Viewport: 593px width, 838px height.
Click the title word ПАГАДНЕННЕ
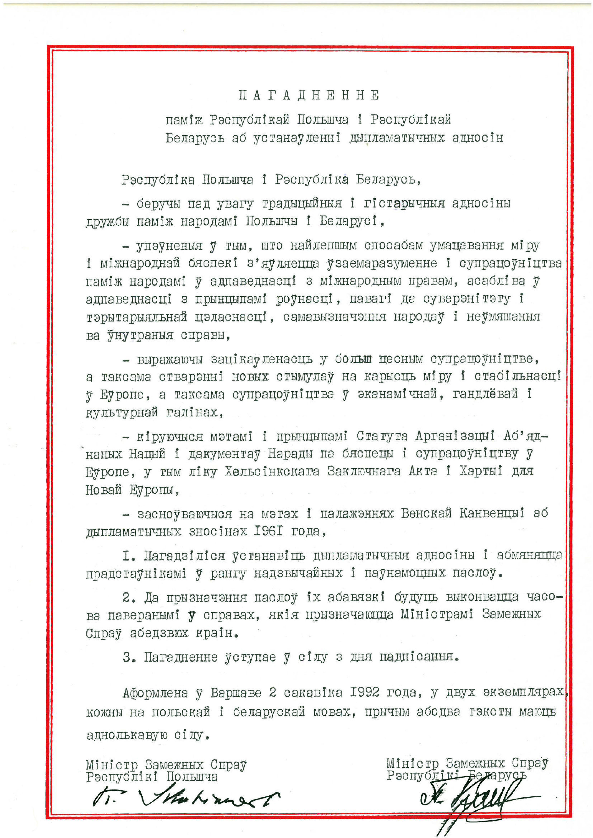[x=309, y=96]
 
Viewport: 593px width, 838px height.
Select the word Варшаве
[x=236, y=693]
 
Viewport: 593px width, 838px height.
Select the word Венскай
[x=426, y=513]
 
